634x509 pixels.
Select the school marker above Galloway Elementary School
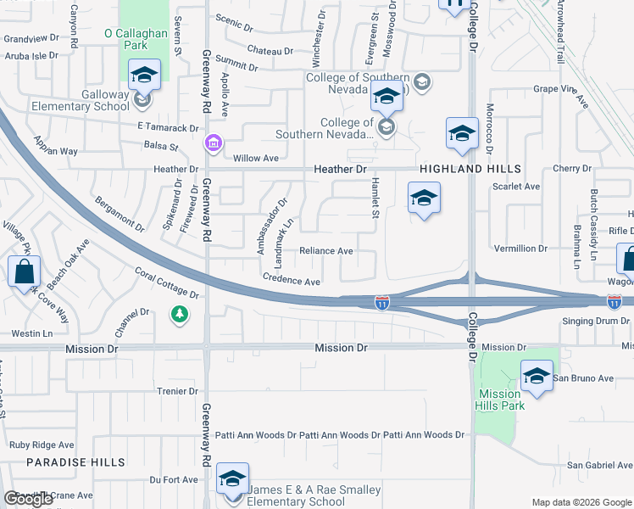(144, 76)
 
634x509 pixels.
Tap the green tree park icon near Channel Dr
(179, 316)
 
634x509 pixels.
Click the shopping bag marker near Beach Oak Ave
(25, 272)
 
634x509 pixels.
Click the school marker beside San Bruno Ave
(536, 377)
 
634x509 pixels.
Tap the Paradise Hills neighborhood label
(75, 462)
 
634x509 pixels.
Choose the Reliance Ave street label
(325, 251)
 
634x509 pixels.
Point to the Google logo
(28, 499)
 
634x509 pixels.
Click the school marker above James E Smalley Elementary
(232, 479)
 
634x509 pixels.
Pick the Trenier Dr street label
(177, 391)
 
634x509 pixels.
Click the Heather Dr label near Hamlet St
(341, 170)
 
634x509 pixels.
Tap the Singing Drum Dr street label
(598, 321)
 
